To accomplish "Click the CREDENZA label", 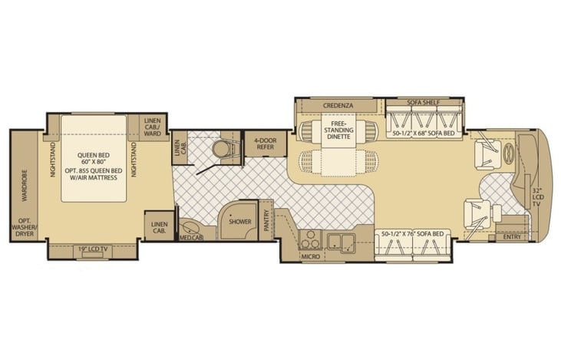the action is (x=338, y=106).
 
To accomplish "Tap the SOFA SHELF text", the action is (x=424, y=103).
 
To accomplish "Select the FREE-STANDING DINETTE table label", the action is (x=338, y=130).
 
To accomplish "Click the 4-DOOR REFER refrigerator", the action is (x=266, y=144).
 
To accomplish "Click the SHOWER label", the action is (x=240, y=222).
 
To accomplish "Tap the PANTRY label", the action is (x=266, y=220).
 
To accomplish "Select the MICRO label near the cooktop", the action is (x=310, y=256).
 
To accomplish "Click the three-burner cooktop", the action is (x=310, y=239).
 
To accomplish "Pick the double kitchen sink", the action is (x=341, y=243).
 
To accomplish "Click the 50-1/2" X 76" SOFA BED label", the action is (x=413, y=234).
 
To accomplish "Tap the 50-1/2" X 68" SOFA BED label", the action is (x=424, y=133).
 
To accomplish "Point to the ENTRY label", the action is (x=512, y=237).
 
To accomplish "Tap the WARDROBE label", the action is (x=25, y=186).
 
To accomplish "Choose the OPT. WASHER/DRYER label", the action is (x=25, y=227).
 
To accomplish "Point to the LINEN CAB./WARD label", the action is (x=153, y=127).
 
